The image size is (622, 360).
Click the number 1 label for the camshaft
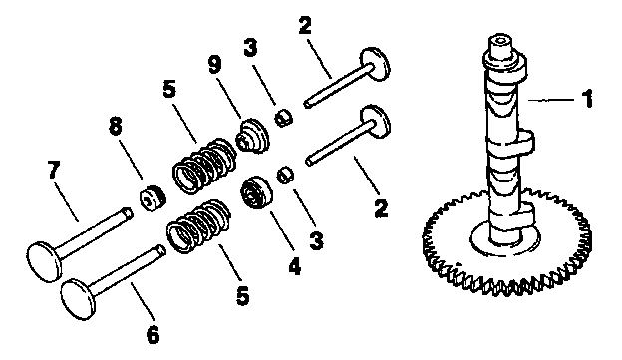coord(588,99)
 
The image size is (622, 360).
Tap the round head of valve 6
coord(79,295)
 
